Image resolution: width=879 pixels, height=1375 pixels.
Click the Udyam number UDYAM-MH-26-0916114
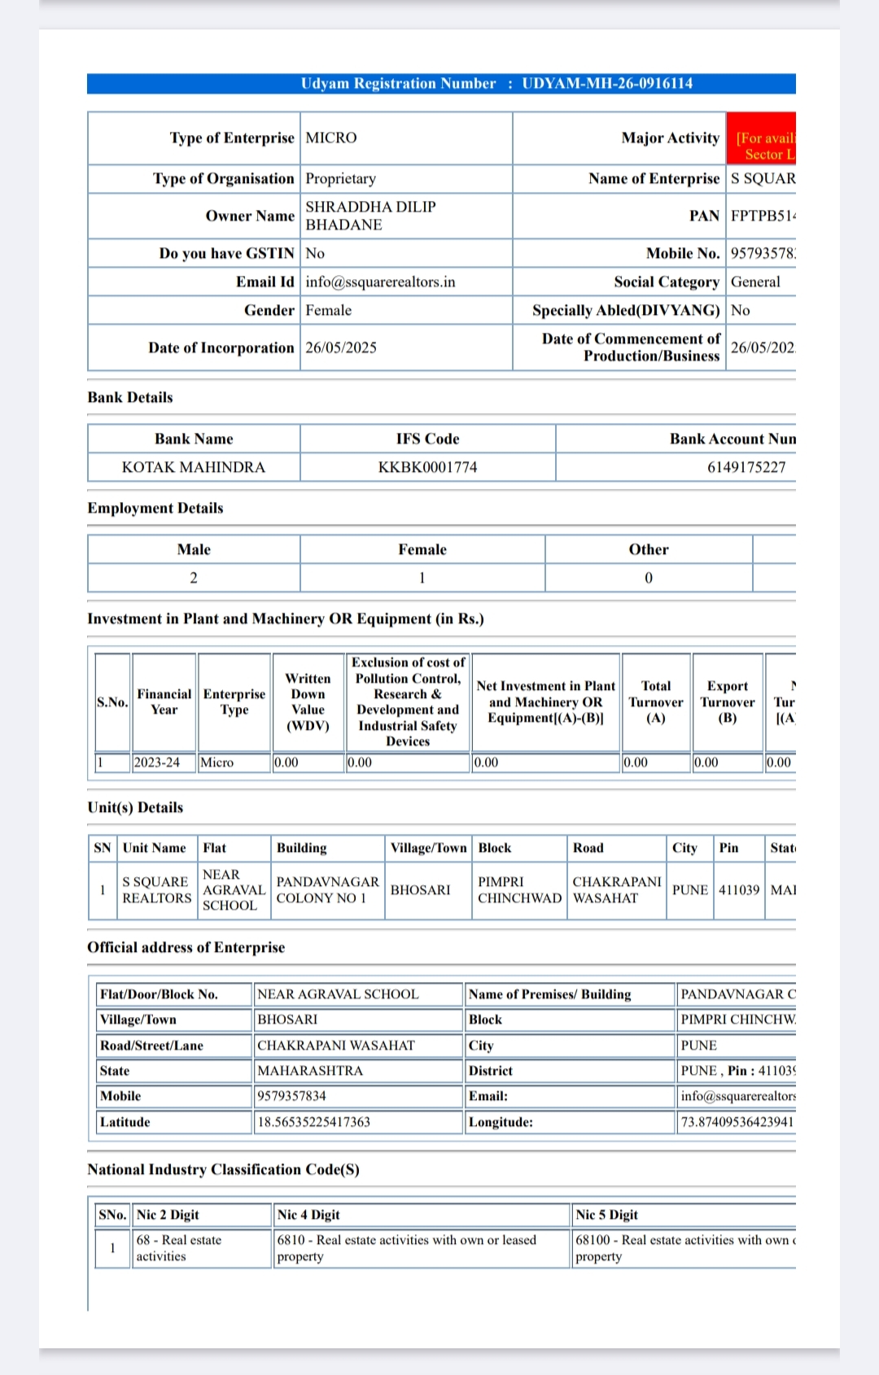click(x=607, y=84)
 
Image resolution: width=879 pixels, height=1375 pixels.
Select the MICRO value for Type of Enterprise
click(x=331, y=138)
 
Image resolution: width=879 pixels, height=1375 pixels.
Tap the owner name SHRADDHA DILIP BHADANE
click(x=370, y=216)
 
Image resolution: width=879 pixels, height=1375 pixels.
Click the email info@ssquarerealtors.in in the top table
click(x=380, y=282)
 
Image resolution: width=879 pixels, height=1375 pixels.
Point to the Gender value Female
click(x=329, y=311)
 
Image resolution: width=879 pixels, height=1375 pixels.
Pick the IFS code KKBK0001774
click(x=427, y=468)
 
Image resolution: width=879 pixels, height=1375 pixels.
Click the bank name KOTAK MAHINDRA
click(x=194, y=468)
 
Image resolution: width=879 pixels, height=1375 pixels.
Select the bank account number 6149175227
click(x=746, y=468)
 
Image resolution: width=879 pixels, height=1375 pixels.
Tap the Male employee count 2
click(x=194, y=578)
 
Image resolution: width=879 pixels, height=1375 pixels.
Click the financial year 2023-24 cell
click(x=157, y=763)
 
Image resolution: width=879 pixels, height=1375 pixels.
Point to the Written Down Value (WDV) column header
click(x=308, y=702)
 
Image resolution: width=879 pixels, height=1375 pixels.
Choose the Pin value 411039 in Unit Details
click(x=738, y=890)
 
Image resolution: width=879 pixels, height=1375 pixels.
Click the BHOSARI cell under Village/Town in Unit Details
click(x=420, y=890)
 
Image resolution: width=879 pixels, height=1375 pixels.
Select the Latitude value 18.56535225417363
click(x=314, y=1122)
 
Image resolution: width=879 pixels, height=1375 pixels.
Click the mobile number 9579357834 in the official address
click(x=291, y=1097)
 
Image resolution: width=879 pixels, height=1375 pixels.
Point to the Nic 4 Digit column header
click(x=308, y=1215)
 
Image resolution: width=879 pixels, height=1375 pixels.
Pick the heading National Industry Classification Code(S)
click(x=223, y=1170)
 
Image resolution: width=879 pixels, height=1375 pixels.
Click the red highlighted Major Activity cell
click(x=761, y=139)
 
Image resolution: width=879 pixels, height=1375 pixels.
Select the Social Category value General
click(x=755, y=282)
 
